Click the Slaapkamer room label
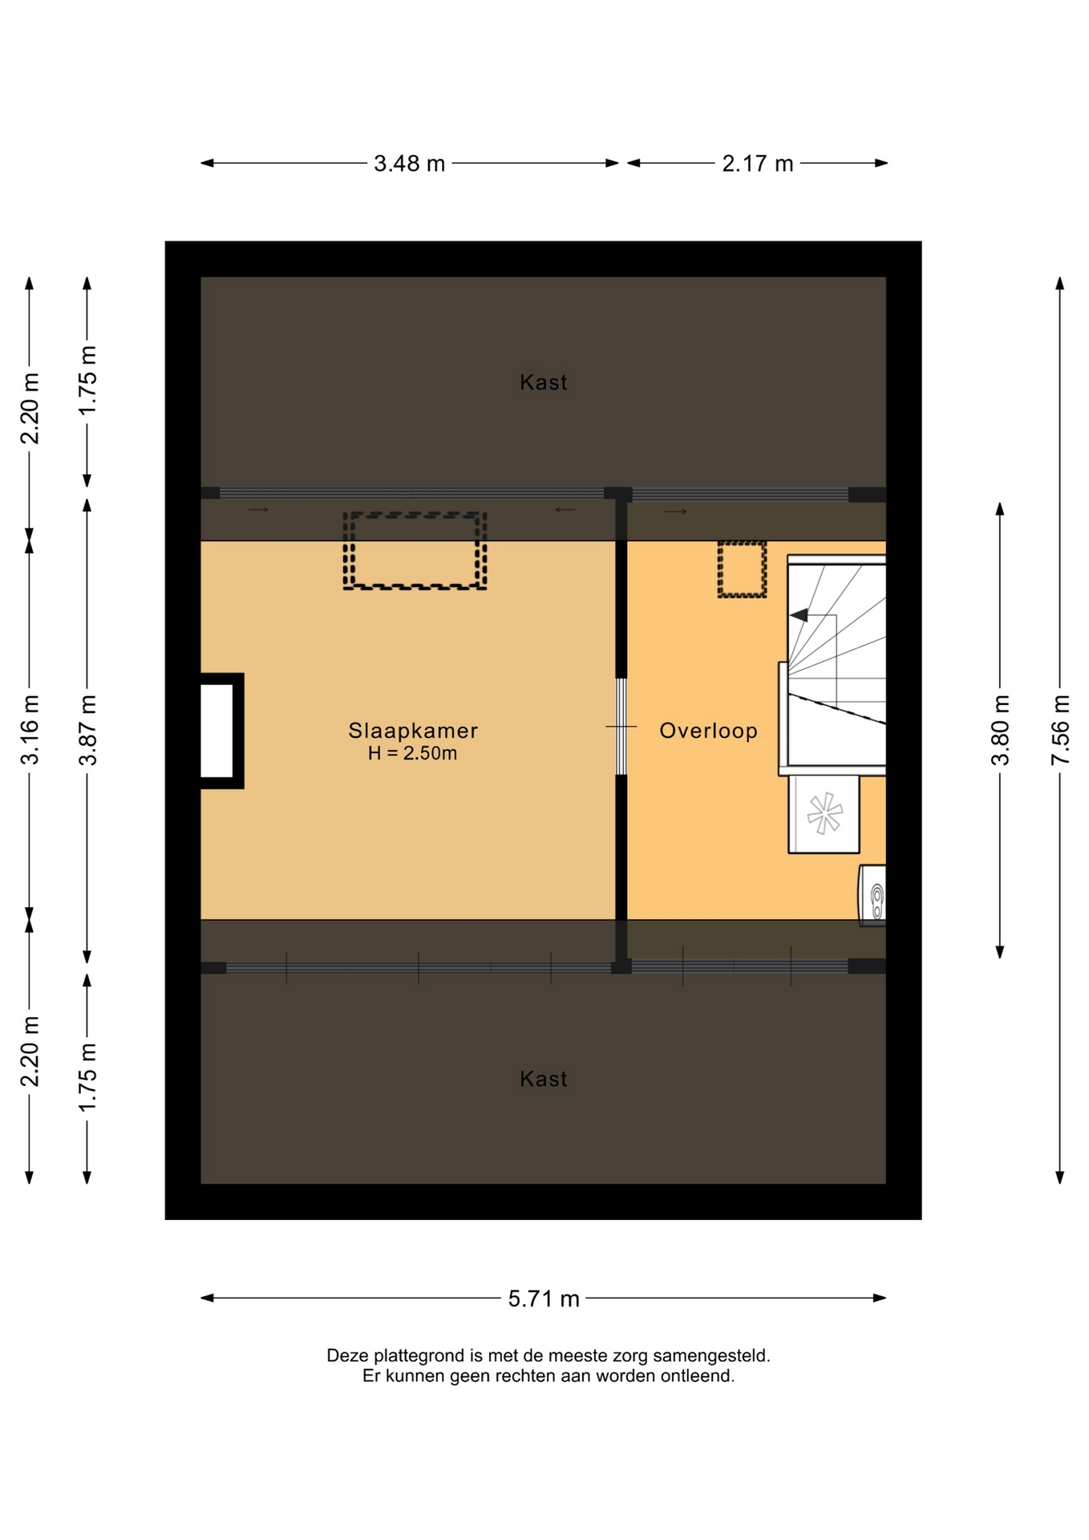pos(413,731)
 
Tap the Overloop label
pos(708,731)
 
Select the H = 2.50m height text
pos(413,753)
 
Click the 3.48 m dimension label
pos(409,164)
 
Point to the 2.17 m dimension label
pos(757,164)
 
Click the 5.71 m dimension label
pos(544,1299)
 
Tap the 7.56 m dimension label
pos(1060,730)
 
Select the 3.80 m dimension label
pos(1000,730)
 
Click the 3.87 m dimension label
pos(87,730)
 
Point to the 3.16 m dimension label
pos(30,730)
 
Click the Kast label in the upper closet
pos(544,383)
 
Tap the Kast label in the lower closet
pos(544,1080)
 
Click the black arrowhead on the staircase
pos(799,615)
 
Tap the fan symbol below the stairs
pos(824,813)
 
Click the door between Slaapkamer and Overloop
pos(621,727)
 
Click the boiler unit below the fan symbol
pos(872,895)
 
